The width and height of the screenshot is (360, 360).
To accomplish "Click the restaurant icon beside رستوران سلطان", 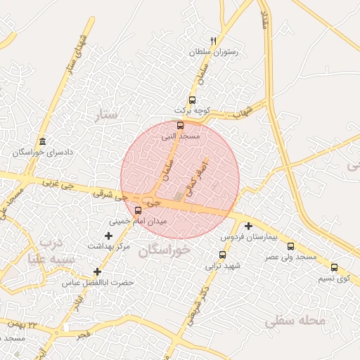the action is [x=214, y=41].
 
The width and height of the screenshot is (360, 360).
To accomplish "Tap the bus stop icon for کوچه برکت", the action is [x=192, y=100].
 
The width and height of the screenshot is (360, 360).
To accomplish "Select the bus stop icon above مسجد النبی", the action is [x=181, y=125].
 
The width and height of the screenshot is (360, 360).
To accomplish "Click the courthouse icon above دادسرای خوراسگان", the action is [x=43, y=141].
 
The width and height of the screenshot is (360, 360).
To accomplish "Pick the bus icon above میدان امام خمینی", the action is [x=137, y=210].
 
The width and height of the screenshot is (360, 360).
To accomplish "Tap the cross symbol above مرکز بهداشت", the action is [x=108, y=236].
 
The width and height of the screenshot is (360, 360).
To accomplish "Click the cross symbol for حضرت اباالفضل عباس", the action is [x=97, y=271].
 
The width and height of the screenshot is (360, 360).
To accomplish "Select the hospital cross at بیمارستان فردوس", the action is [x=248, y=226].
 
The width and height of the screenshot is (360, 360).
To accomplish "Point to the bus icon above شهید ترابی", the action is [x=222, y=255].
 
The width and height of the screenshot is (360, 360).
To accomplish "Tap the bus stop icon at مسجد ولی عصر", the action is [x=291, y=246].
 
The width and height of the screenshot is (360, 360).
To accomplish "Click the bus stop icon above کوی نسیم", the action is [x=334, y=266].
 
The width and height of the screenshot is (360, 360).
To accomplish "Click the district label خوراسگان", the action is [x=165, y=250].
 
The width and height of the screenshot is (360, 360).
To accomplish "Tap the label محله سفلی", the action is [x=296, y=321].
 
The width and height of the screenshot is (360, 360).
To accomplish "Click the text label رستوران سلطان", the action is [x=214, y=52].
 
